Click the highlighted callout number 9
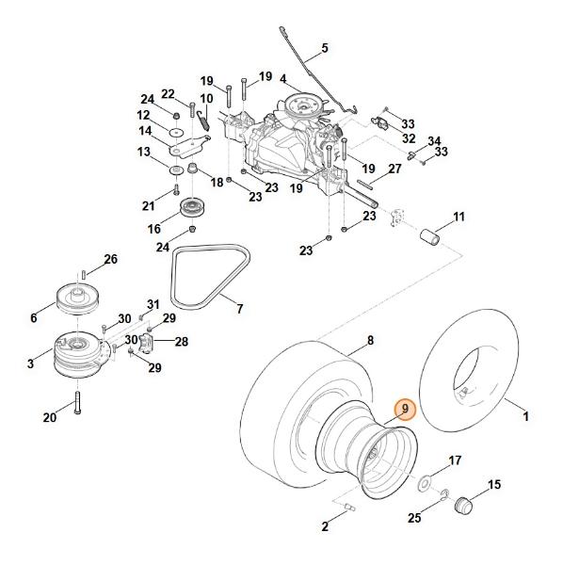[405, 410]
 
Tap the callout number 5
[325, 48]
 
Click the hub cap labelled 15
[463, 505]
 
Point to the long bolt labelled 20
[77, 402]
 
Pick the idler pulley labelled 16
[192, 207]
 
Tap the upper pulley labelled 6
[78, 298]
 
